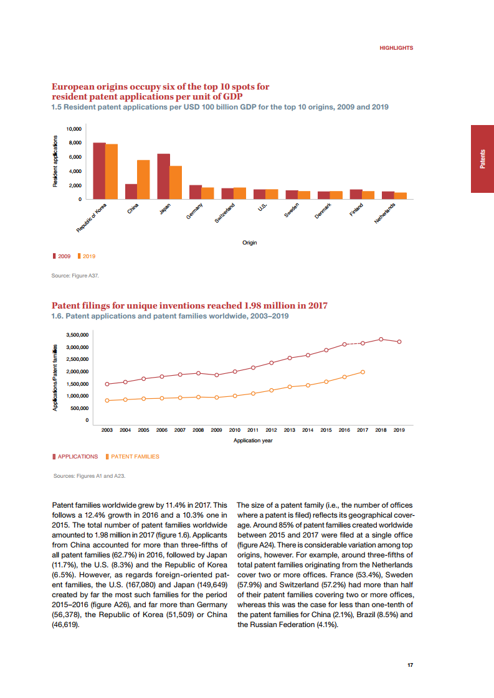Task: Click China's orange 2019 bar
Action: coord(143,179)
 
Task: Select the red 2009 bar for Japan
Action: coord(163,176)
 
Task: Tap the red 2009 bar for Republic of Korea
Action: coord(99,170)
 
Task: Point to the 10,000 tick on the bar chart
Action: coord(74,129)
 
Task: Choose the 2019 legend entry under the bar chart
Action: coord(89,256)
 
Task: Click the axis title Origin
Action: coord(250,243)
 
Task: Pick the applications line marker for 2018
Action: coord(381,339)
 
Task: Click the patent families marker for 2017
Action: coord(363,372)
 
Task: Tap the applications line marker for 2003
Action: coord(107,384)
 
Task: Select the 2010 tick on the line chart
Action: coord(235,430)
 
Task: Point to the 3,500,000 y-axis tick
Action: coord(78,335)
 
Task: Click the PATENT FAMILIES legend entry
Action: coord(135,457)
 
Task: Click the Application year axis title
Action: coord(253,440)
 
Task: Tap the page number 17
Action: coord(410,666)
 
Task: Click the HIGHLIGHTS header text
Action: coord(396,48)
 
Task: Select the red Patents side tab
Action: coord(482,159)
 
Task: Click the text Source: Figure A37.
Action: coord(75,274)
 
